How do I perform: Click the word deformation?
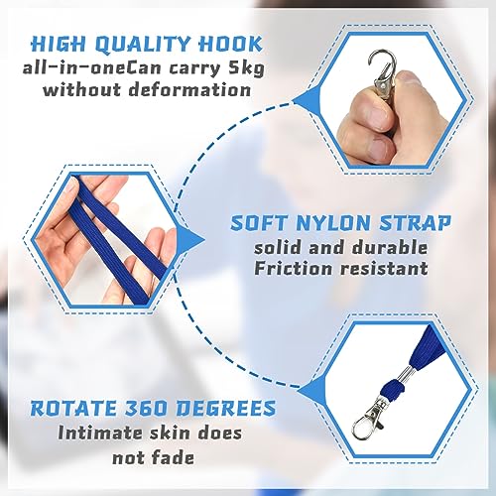(x=189, y=89)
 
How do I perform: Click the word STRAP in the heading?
(x=415, y=223)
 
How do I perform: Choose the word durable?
(x=390, y=248)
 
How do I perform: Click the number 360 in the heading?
(x=146, y=408)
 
